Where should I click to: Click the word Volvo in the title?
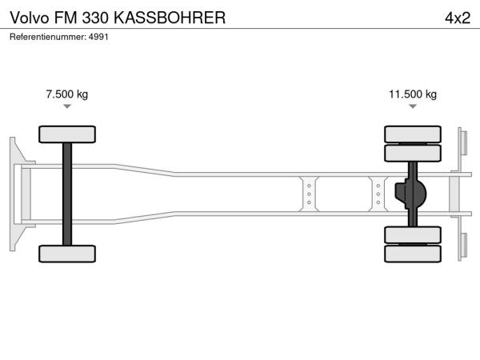[x=30, y=18]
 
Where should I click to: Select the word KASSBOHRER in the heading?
[x=170, y=18]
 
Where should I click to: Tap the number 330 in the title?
[x=95, y=18]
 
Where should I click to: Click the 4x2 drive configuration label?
[x=458, y=18]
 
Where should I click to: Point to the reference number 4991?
[x=98, y=37]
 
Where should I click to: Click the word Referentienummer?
[x=48, y=37]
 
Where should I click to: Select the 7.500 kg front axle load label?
[x=67, y=94]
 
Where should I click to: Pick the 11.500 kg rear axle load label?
[x=413, y=94]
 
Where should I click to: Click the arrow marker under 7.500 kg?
[x=67, y=106]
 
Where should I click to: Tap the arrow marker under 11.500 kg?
[x=413, y=106]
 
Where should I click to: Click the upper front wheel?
[x=67, y=134]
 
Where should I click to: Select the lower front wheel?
[x=67, y=254]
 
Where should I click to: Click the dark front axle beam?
[x=67, y=194]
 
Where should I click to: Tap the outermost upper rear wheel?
[x=413, y=134]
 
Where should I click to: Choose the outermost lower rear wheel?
[x=413, y=254]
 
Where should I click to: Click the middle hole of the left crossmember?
[x=309, y=194]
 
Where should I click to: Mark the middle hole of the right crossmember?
[x=378, y=194]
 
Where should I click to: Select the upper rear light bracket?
[x=462, y=143]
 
